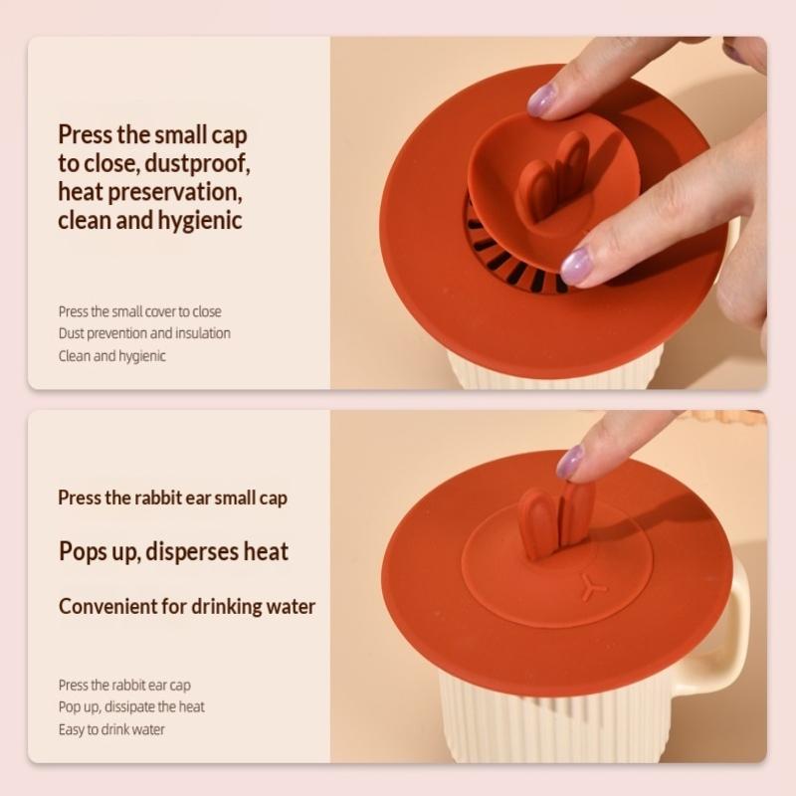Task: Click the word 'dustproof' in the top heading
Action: pos(196,163)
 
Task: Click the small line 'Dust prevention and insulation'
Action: pos(144,333)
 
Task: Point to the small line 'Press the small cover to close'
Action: pos(139,311)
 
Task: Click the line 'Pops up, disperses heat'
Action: pos(173,552)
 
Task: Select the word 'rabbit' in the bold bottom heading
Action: pos(157,497)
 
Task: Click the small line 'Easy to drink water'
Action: pos(111,729)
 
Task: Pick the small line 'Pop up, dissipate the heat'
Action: pos(131,706)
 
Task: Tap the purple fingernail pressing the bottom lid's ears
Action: pos(570,462)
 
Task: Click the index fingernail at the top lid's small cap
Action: pos(541,100)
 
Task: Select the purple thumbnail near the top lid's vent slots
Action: pos(577,267)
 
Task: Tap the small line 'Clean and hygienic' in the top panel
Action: pos(111,356)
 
